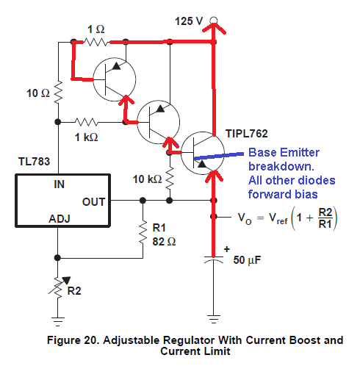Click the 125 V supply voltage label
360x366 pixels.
pos(189,21)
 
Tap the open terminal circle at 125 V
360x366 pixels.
pos(214,20)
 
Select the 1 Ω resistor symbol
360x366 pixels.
pos(96,42)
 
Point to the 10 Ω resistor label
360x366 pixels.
pos(38,93)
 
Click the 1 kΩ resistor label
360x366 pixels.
pos(86,137)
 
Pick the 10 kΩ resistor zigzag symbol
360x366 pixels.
pos(170,178)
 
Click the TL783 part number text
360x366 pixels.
pos(34,162)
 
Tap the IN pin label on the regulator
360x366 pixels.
pos(59,184)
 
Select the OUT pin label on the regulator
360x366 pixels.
pos(93,202)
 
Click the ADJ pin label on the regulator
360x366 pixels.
pos(60,219)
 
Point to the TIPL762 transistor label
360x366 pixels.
pos(247,134)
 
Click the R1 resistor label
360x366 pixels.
pos(159,228)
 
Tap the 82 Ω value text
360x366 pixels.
pos(164,242)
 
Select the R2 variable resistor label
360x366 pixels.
pos(74,291)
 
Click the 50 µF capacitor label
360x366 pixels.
pos(247,260)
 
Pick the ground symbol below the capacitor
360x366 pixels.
pos(214,319)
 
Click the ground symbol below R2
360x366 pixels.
pos(58,322)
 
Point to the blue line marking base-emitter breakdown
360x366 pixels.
pos(219,156)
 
